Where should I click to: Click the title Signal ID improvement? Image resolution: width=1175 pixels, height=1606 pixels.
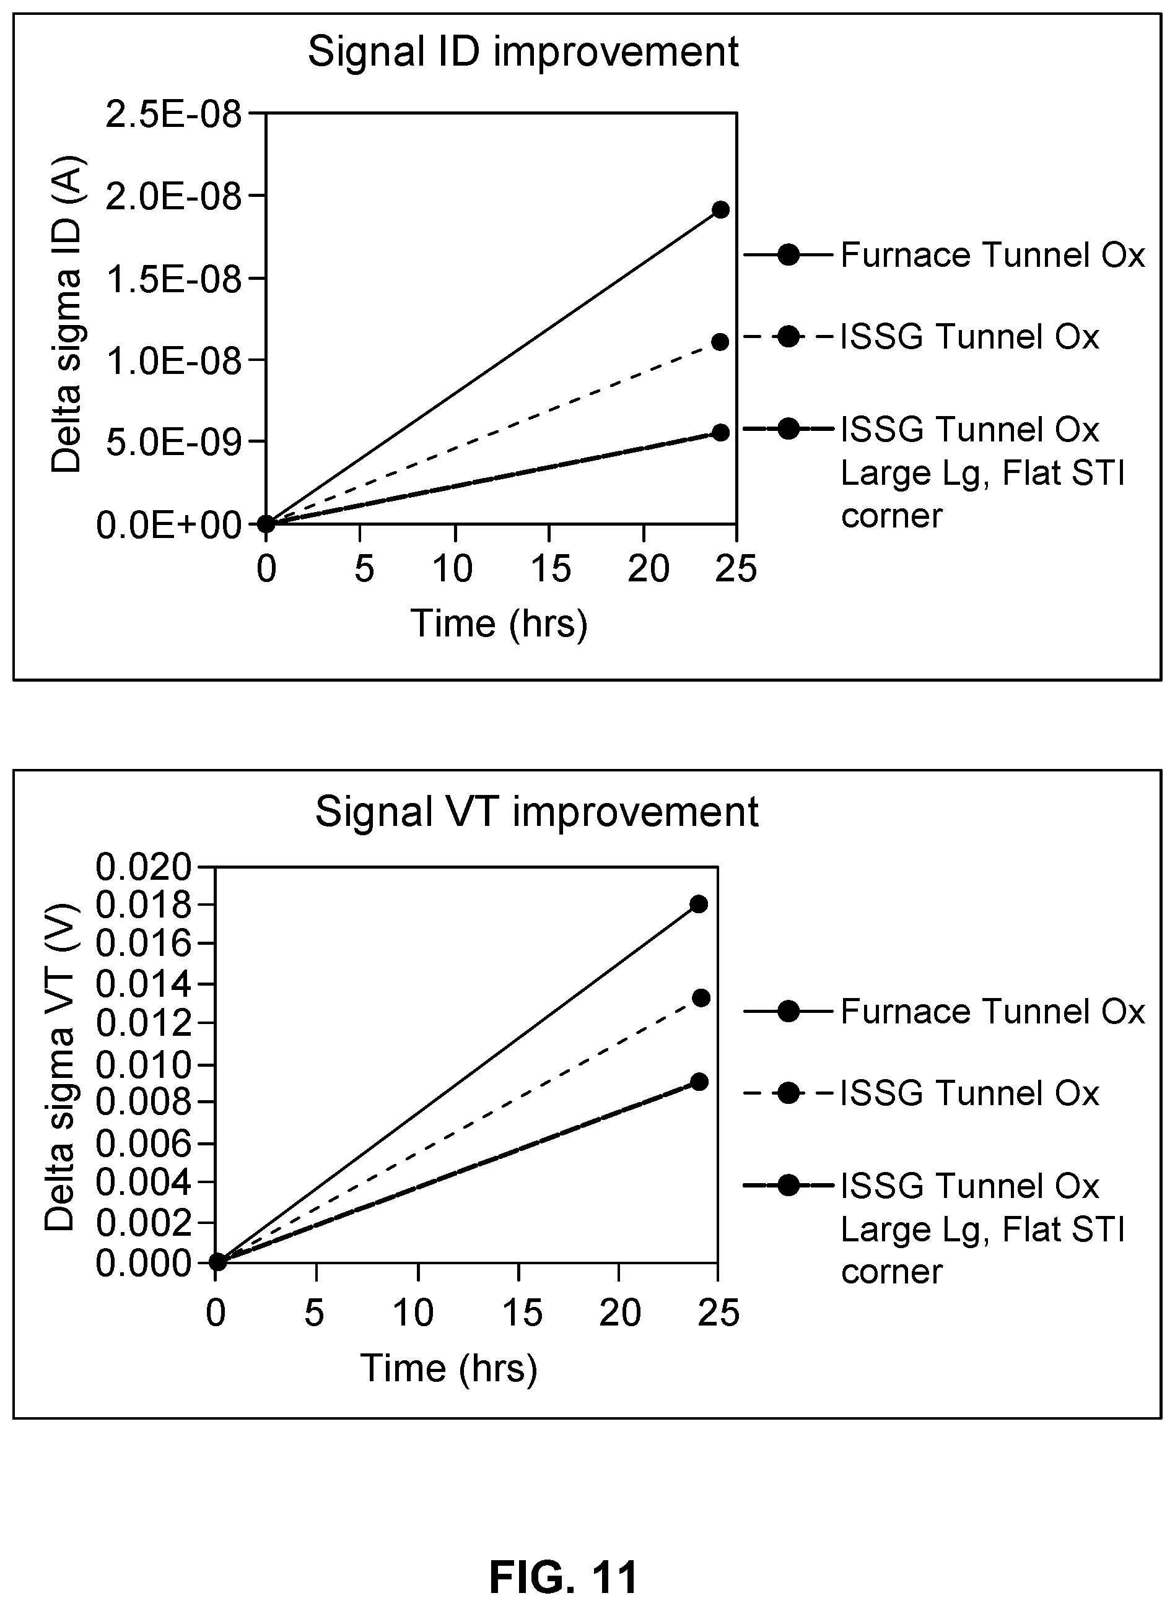click(x=523, y=53)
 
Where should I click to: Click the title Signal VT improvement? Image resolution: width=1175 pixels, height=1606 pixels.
click(x=537, y=812)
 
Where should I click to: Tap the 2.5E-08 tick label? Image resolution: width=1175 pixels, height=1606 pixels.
click(x=173, y=114)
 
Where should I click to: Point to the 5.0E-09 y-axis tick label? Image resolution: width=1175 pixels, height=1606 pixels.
click(x=173, y=442)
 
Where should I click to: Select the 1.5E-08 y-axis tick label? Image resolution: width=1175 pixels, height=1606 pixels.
click(x=173, y=278)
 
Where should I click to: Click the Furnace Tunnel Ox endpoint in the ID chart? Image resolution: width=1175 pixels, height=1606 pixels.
click(x=720, y=210)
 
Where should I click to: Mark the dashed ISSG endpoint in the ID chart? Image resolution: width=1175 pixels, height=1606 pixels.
click(x=720, y=342)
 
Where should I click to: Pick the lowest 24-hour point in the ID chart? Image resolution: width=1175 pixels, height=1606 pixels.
click(x=720, y=432)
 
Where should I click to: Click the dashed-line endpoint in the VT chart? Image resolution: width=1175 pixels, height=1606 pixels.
click(x=701, y=998)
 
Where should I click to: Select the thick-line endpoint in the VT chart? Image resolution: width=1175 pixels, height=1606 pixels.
click(x=699, y=1082)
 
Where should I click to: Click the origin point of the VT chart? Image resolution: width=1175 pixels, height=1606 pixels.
click(x=217, y=1262)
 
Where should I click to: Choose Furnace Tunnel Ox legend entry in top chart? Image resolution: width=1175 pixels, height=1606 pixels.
click(x=945, y=254)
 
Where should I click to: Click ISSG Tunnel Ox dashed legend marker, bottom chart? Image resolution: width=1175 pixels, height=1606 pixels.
click(x=788, y=1093)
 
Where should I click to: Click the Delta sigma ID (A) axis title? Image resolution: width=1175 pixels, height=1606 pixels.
click(x=67, y=315)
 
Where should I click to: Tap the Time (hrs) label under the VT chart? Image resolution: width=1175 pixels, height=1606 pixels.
click(x=449, y=1368)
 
